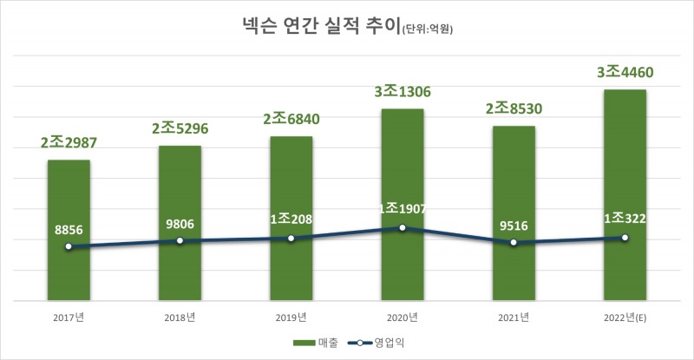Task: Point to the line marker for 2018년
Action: pyautogui.click(x=180, y=240)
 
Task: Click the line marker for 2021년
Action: pyautogui.click(x=514, y=243)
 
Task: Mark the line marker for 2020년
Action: pyautogui.click(x=403, y=227)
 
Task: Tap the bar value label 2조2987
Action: pyautogui.click(x=69, y=144)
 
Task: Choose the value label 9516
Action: pyautogui.click(x=514, y=227)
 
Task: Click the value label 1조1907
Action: pyautogui.click(x=403, y=209)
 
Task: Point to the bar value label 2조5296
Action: pyautogui.click(x=180, y=129)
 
